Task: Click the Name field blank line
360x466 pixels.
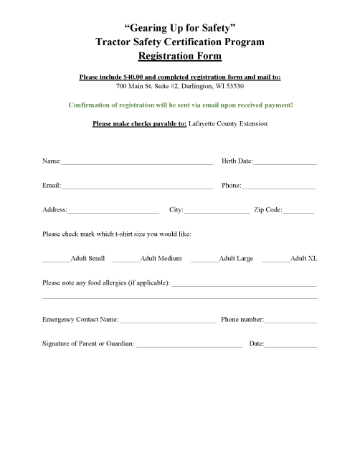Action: [137, 163]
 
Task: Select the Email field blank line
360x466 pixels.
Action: [137, 188]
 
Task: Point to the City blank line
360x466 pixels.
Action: [217, 212]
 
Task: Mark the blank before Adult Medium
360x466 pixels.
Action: [125, 260]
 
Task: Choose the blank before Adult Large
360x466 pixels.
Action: [204, 260]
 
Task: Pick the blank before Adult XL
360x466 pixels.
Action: [276, 260]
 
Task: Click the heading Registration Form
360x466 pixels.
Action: [180, 55]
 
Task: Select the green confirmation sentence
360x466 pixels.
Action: [180, 105]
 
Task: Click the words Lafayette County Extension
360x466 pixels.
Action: [228, 123]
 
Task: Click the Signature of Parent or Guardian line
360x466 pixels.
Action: [189, 346]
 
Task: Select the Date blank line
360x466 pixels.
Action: [290, 346]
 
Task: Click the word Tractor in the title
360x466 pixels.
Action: [116, 42]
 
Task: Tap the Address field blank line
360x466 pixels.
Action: [113, 212]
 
